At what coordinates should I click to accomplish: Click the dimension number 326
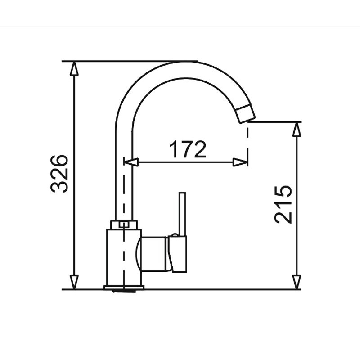59,174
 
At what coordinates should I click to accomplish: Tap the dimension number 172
188,149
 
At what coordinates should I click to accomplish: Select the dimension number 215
283,204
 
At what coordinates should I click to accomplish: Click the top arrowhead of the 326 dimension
74,69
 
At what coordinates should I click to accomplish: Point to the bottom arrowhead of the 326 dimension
74,282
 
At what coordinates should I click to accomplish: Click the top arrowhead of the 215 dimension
297,130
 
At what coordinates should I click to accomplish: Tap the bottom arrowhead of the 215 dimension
297,282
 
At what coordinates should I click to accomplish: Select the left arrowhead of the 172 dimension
131,162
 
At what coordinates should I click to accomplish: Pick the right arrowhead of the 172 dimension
240,162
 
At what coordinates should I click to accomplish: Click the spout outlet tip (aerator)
246,114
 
